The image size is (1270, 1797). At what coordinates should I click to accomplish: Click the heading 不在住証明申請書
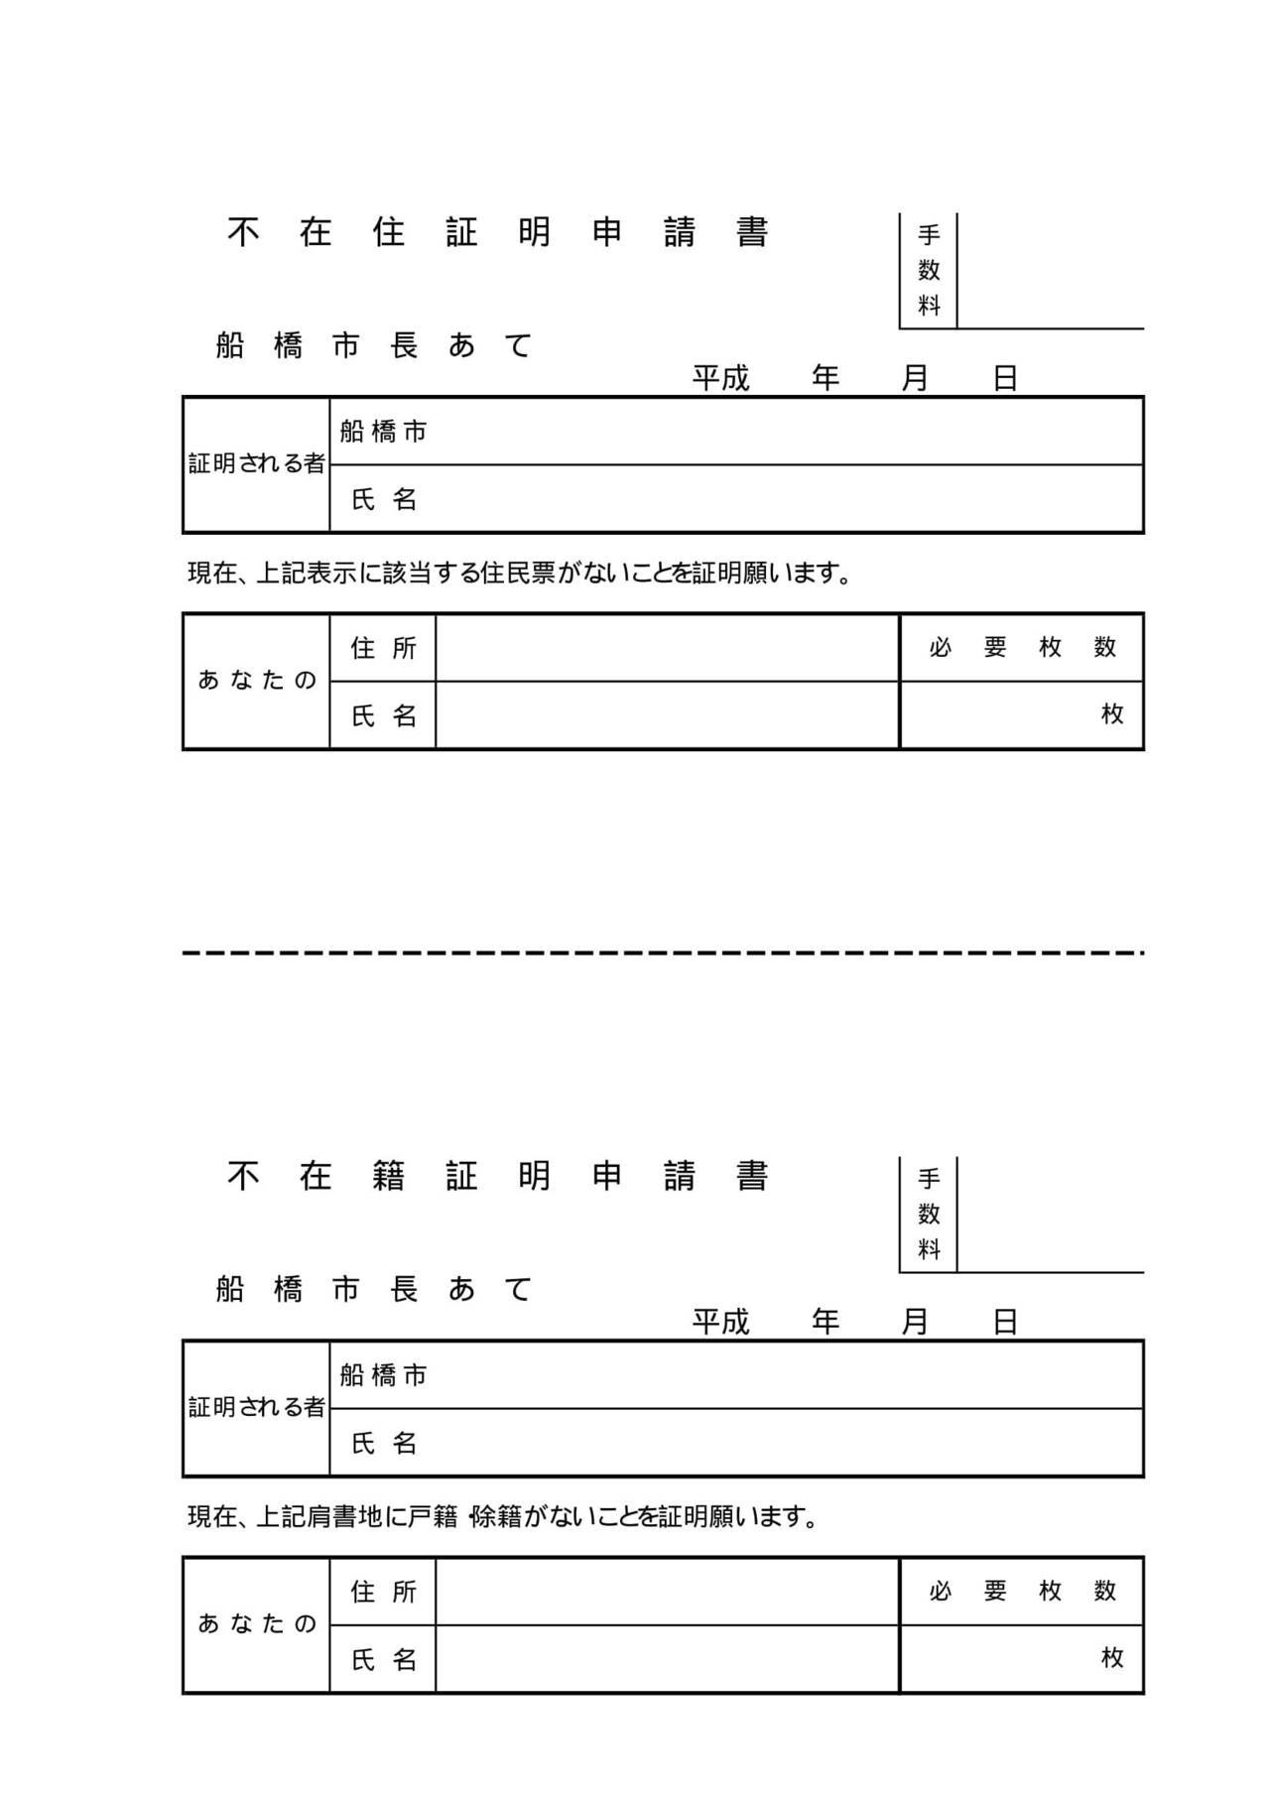point(498,232)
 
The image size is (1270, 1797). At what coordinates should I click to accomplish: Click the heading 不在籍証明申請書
point(498,1176)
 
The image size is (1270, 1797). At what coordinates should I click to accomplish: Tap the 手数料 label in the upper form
point(929,270)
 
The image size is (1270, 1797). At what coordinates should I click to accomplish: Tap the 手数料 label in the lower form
point(929,1214)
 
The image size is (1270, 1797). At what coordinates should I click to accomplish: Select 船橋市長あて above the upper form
point(374,345)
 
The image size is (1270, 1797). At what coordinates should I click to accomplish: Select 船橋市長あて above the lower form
point(374,1289)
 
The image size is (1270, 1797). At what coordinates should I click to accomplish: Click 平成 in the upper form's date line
point(721,378)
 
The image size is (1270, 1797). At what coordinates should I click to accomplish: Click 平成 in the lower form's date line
point(721,1322)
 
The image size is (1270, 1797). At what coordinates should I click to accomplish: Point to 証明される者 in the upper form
point(257,463)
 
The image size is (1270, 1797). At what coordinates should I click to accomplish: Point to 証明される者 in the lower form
point(257,1407)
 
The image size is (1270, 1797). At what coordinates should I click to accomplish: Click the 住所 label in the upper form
point(384,648)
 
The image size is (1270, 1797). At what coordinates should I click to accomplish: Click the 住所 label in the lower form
point(384,1592)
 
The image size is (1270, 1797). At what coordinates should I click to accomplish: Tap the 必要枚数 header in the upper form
point(1023,647)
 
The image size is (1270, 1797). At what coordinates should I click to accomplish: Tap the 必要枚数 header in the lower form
point(1023,1591)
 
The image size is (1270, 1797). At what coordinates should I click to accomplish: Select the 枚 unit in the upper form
point(1112,713)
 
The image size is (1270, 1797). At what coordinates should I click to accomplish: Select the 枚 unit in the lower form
point(1112,1657)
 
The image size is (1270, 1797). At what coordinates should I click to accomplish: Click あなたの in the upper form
point(257,680)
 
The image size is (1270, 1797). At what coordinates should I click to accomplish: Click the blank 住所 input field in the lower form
point(668,1592)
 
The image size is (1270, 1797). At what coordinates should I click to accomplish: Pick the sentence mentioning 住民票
point(520,574)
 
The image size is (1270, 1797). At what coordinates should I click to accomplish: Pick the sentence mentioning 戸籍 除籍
point(503,1517)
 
